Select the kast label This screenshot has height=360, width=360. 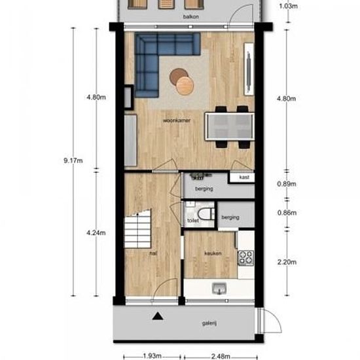[x=243, y=177]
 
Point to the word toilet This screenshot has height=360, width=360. [x=192, y=221]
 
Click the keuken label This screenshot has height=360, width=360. [x=212, y=254]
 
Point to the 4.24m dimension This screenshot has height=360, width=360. [x=96, y=231]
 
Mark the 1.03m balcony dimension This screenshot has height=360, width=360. [x=287, y=7]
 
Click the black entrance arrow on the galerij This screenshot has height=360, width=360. [x=156, y=317]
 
